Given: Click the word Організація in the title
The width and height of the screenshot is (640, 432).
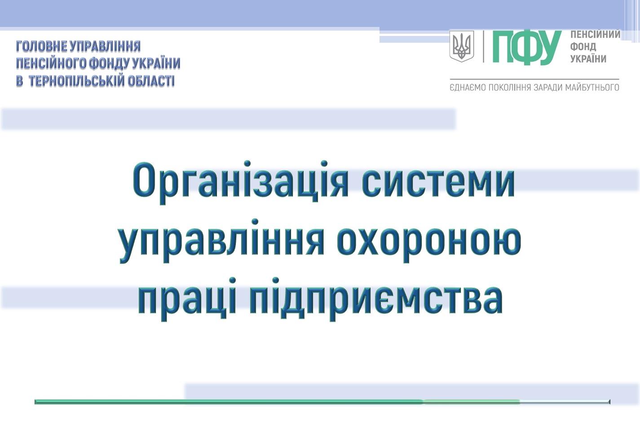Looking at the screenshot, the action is point(240,183).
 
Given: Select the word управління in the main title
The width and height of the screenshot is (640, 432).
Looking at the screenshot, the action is point(222,241).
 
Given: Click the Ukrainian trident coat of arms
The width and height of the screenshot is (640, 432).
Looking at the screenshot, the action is point(461,46).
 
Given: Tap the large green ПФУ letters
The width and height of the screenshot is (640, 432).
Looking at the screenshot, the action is point(526,48).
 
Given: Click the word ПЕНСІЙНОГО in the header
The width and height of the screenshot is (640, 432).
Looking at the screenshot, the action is point(51,63).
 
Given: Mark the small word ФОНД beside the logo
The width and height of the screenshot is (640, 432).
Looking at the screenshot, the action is point(583,47).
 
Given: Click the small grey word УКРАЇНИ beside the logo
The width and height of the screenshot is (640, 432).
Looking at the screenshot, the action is point(588,58).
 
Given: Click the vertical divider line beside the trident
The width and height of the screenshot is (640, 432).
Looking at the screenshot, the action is point(483,46).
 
